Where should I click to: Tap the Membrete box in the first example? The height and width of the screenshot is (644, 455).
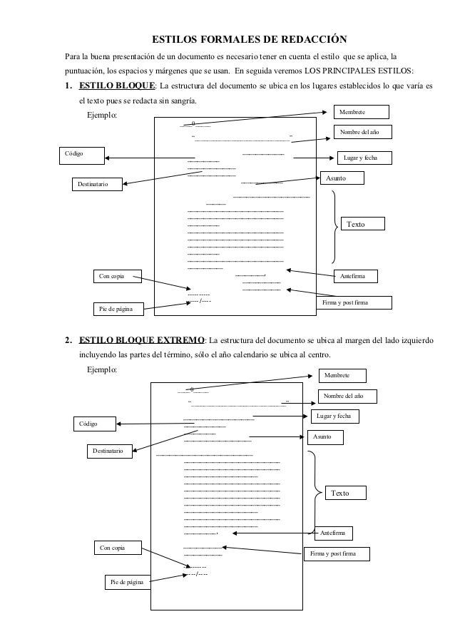point(362,111)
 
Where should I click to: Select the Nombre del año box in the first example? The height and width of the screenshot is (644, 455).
point(362,132)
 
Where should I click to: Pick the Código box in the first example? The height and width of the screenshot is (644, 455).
point(80,155)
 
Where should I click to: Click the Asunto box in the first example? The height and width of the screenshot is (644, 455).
point(343,178)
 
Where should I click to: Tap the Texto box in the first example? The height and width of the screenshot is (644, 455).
point(362,224)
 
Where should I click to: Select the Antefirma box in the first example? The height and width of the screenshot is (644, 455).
point(356,275)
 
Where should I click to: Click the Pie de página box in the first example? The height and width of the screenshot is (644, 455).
point(118,308)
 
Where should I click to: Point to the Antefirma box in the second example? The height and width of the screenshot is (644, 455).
point(332,533)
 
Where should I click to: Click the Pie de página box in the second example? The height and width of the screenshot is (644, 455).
point(126,583)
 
